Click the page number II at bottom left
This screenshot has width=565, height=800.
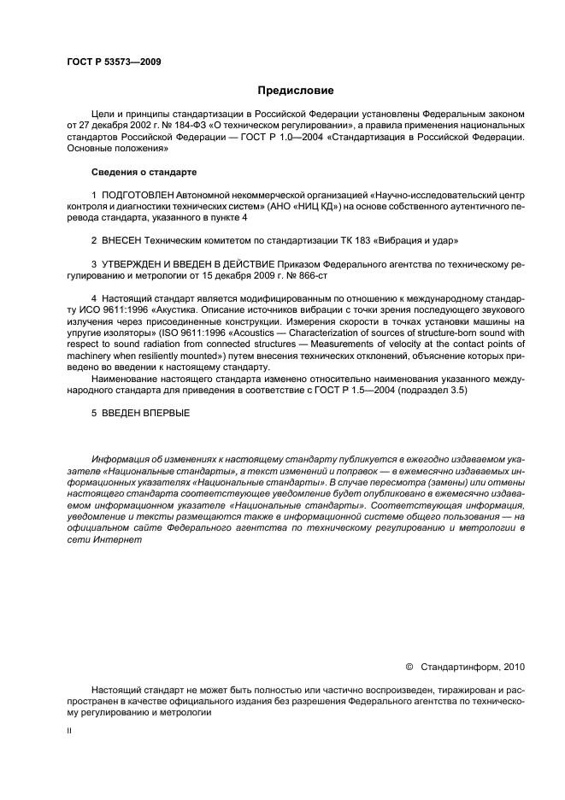(69, 732)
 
